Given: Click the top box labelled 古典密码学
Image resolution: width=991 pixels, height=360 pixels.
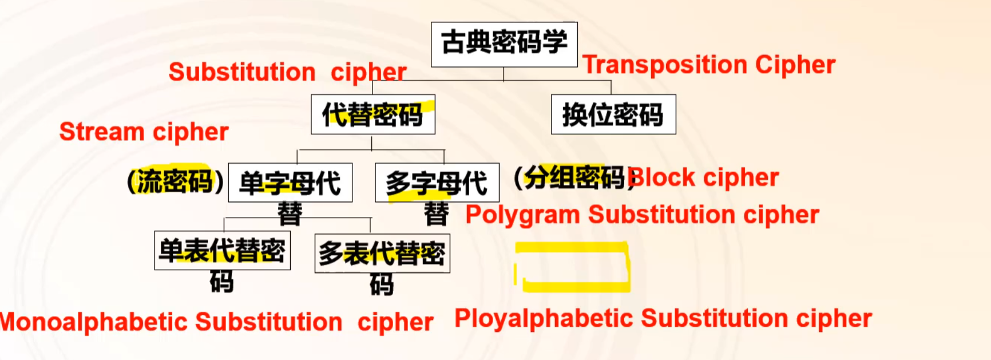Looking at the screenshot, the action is pyautogui.click(x=504, y=44).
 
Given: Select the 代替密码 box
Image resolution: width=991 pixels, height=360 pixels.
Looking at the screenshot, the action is pyautogui.click(x=372, y=114).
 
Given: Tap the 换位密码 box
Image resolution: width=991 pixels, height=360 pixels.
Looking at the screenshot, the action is pyautogui.click(x=613, y=114).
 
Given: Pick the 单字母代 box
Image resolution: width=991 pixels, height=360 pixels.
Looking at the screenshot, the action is pyautogui.click(x=290, y=183).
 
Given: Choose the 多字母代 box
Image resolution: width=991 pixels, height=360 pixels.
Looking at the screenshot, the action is pyautogui.click(x=437, y=183).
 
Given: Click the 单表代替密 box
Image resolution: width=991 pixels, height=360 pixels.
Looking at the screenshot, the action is pyautogui.click(x=222, y=251).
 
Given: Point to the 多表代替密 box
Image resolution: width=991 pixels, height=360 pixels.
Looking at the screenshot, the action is pyautogui.click(x=382, y=253).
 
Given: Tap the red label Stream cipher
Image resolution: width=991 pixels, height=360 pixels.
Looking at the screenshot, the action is pyautogui.click(x=144, y=132).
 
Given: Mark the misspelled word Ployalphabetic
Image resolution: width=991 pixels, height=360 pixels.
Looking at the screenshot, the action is pyautogui.click(x=544, y=319).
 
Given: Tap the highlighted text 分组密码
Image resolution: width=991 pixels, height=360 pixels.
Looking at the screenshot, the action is pyautogui.click(x=574, y=177).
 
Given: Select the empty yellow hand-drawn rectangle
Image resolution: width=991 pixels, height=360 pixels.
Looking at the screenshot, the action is pyautogui.click(x=572, y=267).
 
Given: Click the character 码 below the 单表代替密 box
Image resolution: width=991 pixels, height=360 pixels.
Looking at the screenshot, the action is pyautogui.click(x=221, y=282).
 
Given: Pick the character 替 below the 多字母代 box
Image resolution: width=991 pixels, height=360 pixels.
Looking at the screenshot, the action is pyautogui.click(x=437, y=214).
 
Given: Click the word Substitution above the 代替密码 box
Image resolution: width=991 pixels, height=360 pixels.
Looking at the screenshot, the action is pyautogui.click(x=242, y=73).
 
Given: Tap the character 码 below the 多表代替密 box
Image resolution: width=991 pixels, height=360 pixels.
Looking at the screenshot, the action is pyautogui.click(x=382, y=284).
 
